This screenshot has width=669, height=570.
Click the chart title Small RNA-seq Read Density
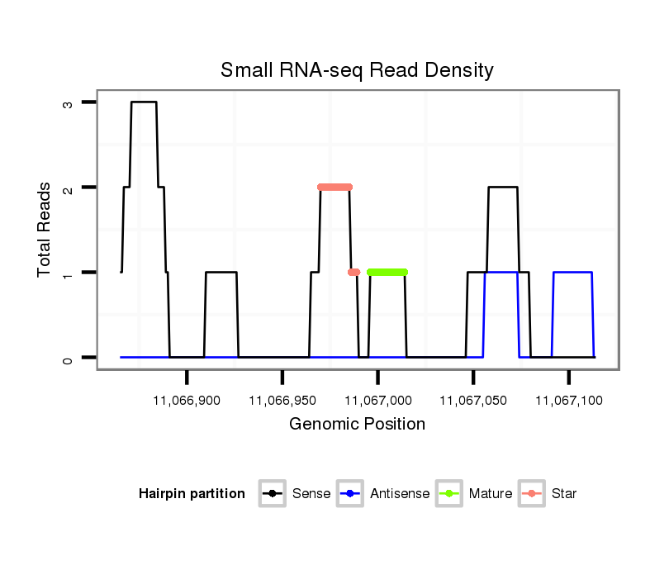coord(357,70)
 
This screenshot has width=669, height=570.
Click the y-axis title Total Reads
coord(45,229)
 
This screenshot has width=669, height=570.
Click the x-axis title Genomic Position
coord(357,425)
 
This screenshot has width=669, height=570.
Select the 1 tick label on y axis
coord(68,273)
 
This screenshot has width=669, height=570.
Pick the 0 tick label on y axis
coord(68,358)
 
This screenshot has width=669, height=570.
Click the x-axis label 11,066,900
coord(187,401)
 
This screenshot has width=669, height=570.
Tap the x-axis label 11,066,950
coord(282,401)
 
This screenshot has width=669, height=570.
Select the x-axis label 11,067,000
coord(377,401)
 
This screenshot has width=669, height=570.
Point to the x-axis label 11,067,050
coord(473,401)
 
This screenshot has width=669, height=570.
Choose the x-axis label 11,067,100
coord(568,401)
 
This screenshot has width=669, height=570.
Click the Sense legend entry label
coord(311,494)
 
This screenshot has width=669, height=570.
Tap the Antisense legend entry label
coord(400,494)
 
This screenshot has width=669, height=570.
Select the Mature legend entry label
coord(490,494)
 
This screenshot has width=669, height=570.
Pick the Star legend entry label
coord(564,494)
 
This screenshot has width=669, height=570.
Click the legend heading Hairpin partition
coord(192,494)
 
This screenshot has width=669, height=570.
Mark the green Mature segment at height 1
coord(387,272)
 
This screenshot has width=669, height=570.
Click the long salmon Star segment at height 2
coord(334,187)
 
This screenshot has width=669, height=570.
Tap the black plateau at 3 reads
coord(144,102)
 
